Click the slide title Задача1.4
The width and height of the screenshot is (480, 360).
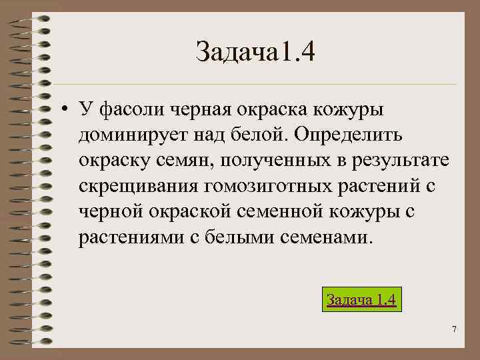[255, 51]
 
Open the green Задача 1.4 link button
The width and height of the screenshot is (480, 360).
[361, 299]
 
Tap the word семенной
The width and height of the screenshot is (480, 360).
[281, 211]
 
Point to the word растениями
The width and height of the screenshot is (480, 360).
[125, 237]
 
